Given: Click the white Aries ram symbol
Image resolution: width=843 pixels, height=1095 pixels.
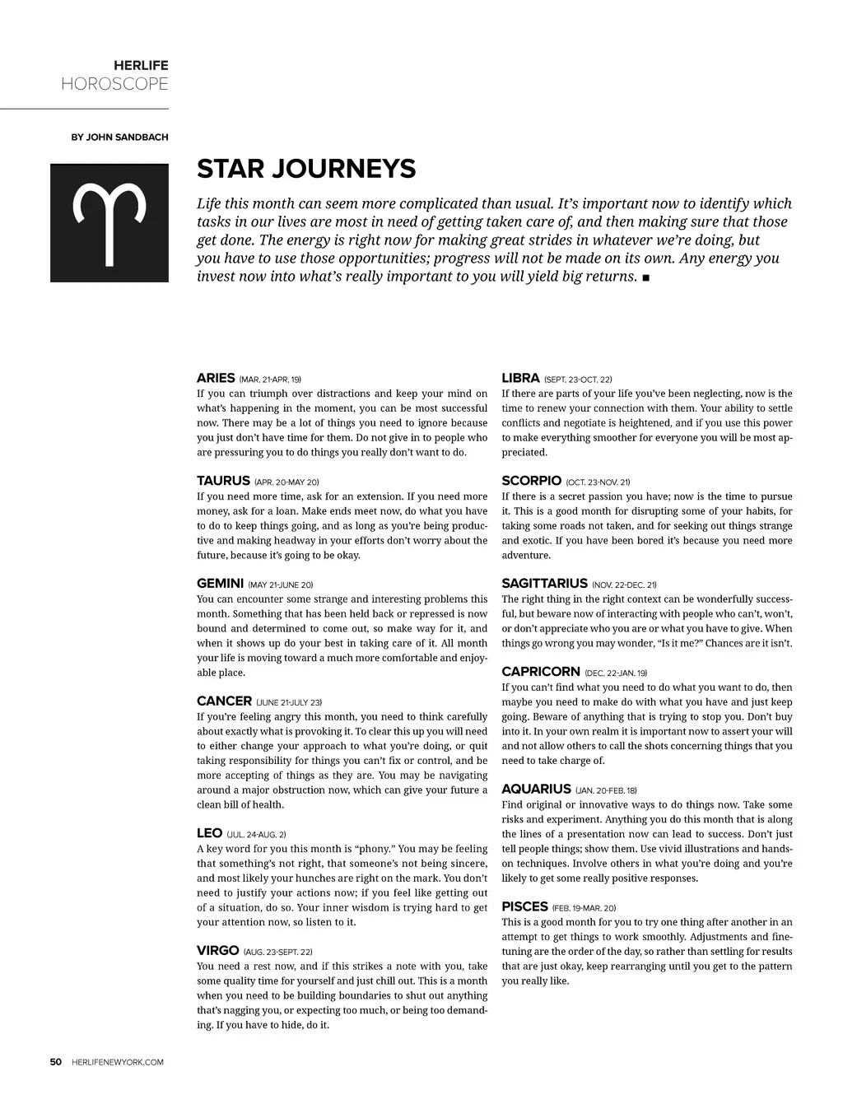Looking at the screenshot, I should pyautogui.click(x=109, y=223).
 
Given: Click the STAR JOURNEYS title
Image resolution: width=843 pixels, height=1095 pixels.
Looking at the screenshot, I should pyautogui.click(x=306, y=169).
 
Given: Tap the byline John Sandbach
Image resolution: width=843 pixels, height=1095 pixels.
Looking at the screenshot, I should pyautogui.click(x=119, y=137).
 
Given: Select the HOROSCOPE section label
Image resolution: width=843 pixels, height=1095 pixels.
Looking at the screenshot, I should pyautogui.click(x=114, y=84).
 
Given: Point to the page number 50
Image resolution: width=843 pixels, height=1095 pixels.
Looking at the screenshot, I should pyautogui.click(x=56, y=1062).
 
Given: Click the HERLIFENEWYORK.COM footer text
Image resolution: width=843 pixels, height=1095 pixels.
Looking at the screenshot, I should pyautogui.click(x=118, y=1062).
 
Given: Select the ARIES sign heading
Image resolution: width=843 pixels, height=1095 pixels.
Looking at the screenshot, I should pyautogui.click(x=216, y=378).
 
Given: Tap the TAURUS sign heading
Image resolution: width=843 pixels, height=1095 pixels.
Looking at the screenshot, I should pyautogui.click(x=223, y=481).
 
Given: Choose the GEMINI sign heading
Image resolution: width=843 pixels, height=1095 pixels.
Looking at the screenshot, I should pyautogui.click(x=220, y=583).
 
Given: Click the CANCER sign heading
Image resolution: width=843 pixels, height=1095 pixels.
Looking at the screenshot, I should pyautogui.click(x=224, y=701).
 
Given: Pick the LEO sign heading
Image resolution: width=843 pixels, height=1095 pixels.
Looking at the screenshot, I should pyautogui.click(x=210, y=833).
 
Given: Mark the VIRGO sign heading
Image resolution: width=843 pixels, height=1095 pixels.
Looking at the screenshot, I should pyautogui.click(x=217, y=951).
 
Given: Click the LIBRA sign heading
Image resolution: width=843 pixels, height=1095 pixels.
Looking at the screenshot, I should pyautogui.click(x=520, y=378).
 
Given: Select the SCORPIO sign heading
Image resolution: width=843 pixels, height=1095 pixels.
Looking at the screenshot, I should pyautogui.click(x=531, y=481).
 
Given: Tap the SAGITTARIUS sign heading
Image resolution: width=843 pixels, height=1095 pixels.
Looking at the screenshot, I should pyautogui.click(x=544, y=583).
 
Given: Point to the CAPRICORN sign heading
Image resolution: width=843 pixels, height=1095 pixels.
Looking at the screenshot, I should pyautogui.click(x=540, y=672).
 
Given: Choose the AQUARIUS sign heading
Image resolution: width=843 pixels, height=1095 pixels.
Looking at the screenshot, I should pyautogui.click(x=536, y=789).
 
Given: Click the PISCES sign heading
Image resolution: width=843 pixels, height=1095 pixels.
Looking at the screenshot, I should pyautogui.click(x=524, y=906).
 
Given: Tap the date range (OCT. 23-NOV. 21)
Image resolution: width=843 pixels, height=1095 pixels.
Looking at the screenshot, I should pyautogui.click(x=598, y=482).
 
